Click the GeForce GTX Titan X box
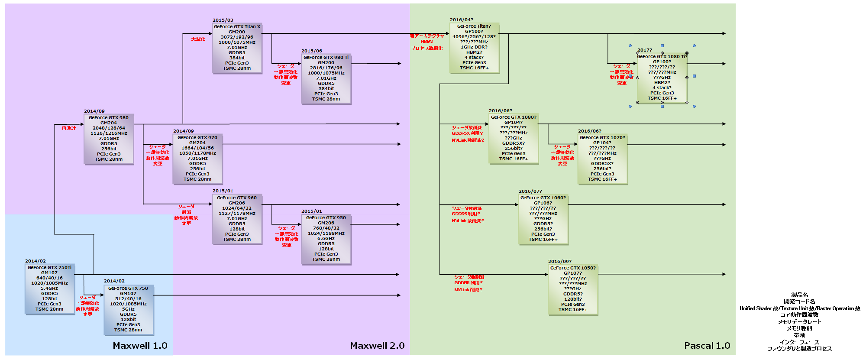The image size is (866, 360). point(237,48)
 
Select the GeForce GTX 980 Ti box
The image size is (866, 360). point(326,78)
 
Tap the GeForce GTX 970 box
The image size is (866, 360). point(197,159)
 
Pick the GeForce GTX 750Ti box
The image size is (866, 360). point(49,289)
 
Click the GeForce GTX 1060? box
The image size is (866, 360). point(543,219)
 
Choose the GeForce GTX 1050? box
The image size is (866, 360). point(573,289)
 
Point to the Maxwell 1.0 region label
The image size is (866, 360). point(140,346)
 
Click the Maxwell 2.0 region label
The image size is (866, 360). point(377,346)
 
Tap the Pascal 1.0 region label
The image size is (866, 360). point(707,346)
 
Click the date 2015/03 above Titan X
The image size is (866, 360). point(223,20)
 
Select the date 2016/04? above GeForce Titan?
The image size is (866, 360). point(461,20)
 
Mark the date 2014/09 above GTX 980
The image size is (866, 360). point(94,111)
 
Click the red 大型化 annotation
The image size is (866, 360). point(198,39)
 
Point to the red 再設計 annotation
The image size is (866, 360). point(68,128)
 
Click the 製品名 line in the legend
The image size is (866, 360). point(799,295)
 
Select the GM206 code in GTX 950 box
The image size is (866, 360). point(326,223)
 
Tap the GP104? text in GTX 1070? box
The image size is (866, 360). point(602,143)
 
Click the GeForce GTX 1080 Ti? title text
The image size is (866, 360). point(662,57)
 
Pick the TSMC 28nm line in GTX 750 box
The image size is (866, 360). point(128,330)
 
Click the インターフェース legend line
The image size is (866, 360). point(799,342)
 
